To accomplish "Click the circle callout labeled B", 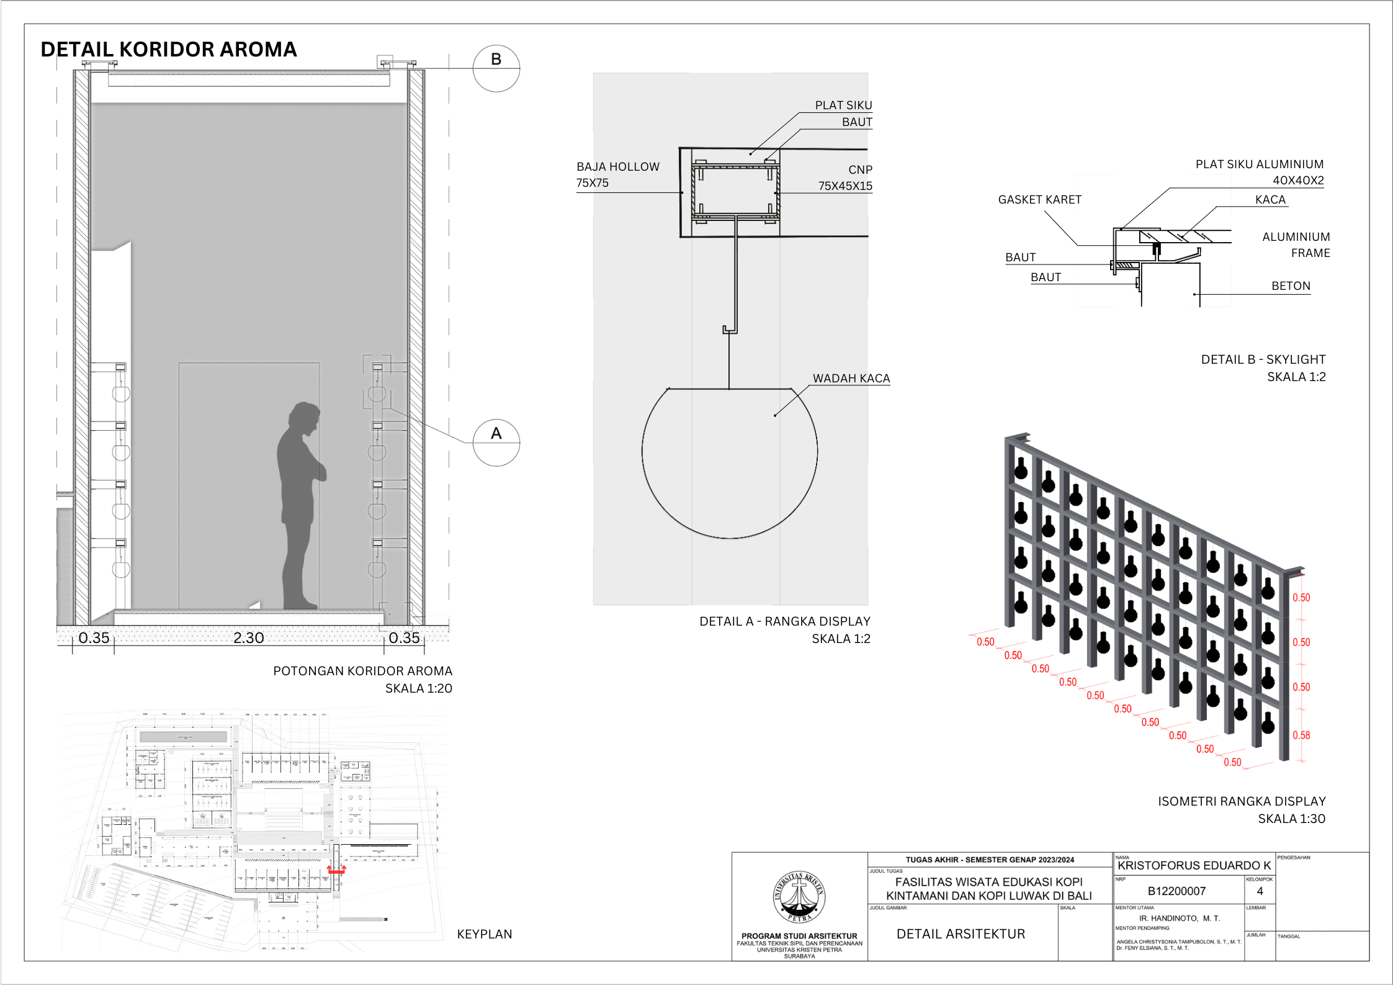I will coord(496,68).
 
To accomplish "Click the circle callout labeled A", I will coord(496,443).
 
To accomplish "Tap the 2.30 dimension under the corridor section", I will coord(248,638).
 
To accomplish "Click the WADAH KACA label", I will coord(851,379).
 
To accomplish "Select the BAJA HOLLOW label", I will coord(617,167).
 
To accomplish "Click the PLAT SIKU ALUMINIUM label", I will coord(1259,164).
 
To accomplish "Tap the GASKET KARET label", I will coord(1039,200).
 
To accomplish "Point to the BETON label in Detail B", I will coord(1291,286).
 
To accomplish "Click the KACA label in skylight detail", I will coord(1270,200).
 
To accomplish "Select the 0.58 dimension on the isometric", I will coord(1301,735).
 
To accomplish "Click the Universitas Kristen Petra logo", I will coord(799,897).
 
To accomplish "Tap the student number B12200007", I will coord(1176,891).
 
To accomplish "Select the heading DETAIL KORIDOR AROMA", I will coord(169,50).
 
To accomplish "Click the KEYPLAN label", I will coord(484,934).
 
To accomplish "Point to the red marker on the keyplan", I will coord(336,871).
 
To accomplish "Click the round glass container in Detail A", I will coord(729,462).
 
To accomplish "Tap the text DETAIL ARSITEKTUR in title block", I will coord(961,934).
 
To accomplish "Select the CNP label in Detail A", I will coord(860,170).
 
